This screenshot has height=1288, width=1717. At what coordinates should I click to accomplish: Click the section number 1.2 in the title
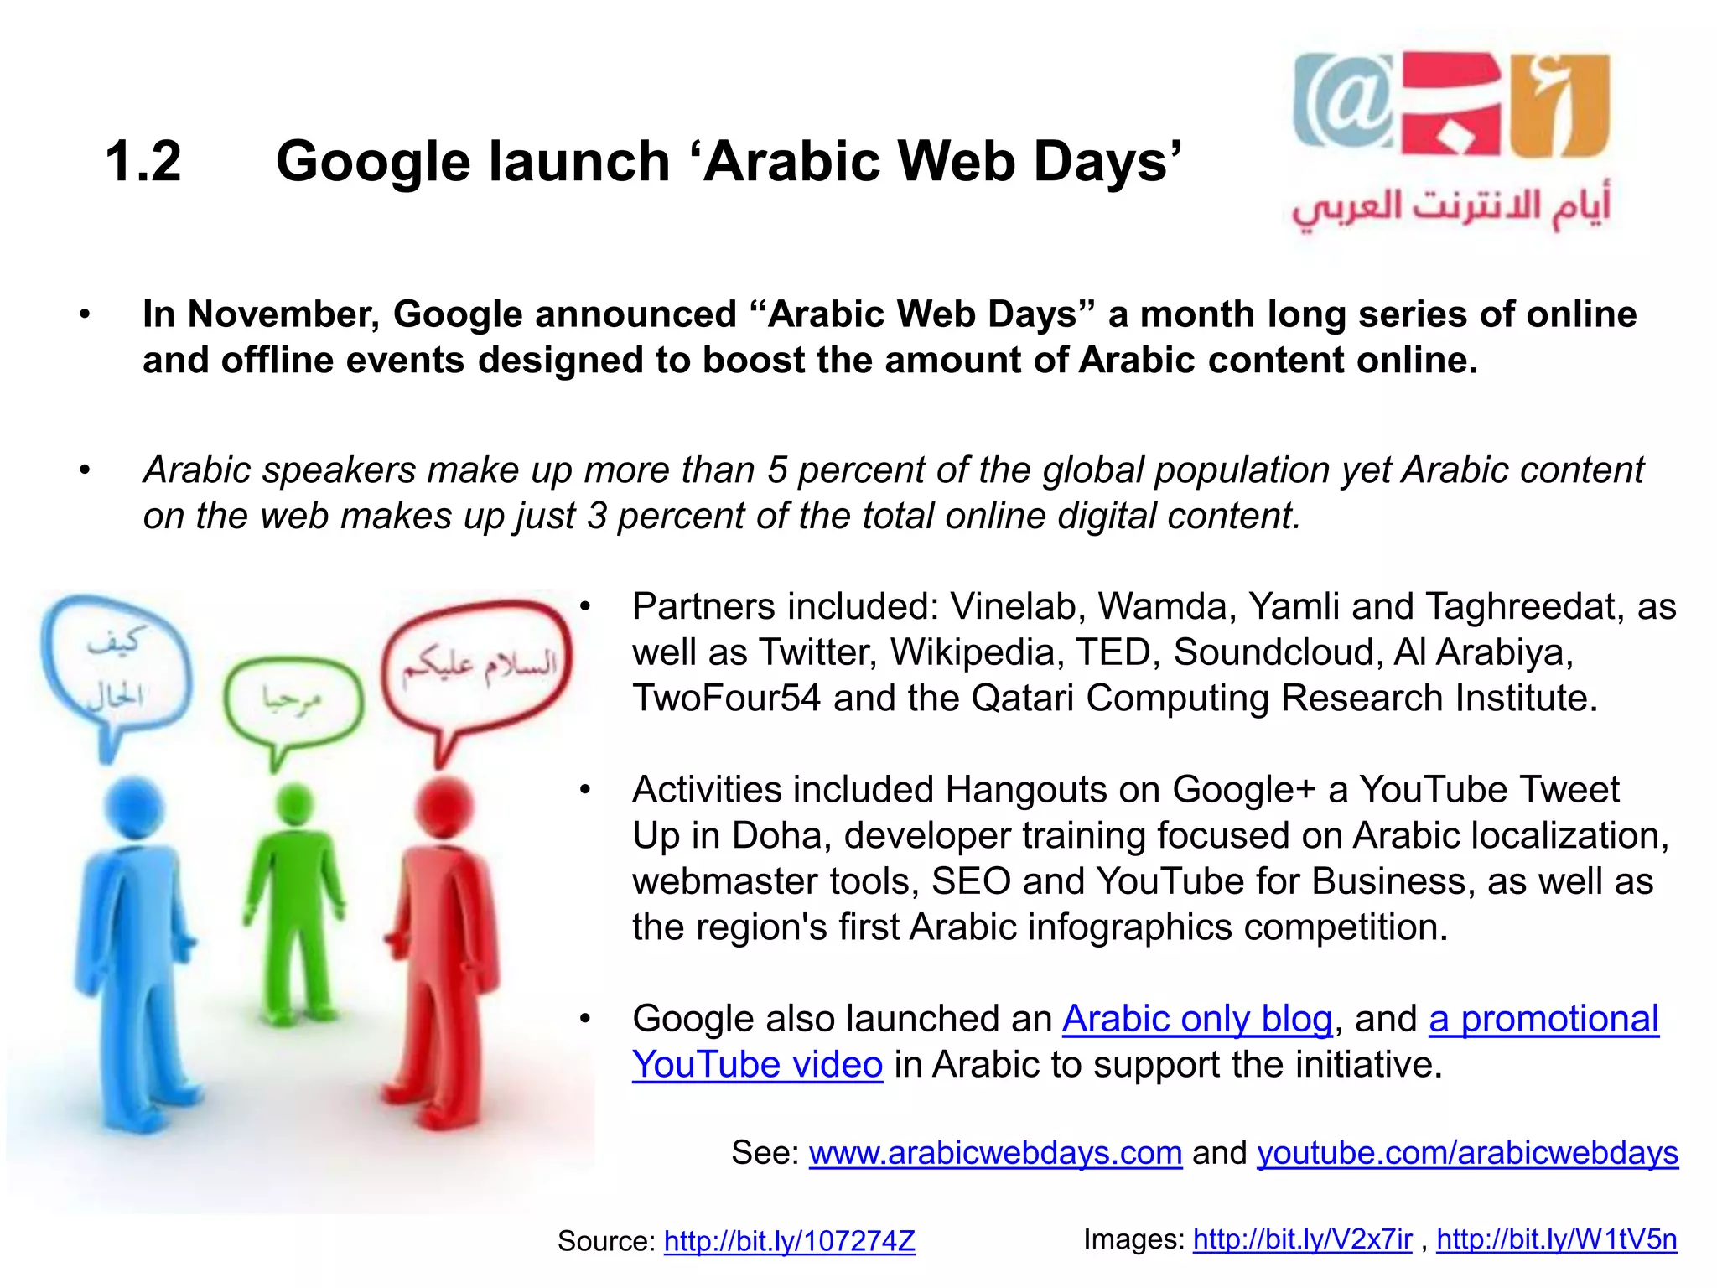[143, 161]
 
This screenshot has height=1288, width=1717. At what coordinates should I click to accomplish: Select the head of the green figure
[293, 805]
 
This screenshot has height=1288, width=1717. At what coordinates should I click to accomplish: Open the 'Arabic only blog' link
[1197, 1019]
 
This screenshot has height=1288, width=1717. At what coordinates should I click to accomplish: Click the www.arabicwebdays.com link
[995, 1153]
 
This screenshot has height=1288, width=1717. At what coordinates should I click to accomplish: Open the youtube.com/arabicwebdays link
[1467, 1153]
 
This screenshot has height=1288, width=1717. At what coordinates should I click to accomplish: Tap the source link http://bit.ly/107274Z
[789, 1241]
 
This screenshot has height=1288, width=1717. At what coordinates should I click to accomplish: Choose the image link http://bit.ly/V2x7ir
[1302, 1239]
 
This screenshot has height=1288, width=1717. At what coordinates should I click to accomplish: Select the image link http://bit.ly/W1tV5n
[1556, 1239]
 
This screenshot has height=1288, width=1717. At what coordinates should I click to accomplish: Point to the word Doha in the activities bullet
[781, 836]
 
